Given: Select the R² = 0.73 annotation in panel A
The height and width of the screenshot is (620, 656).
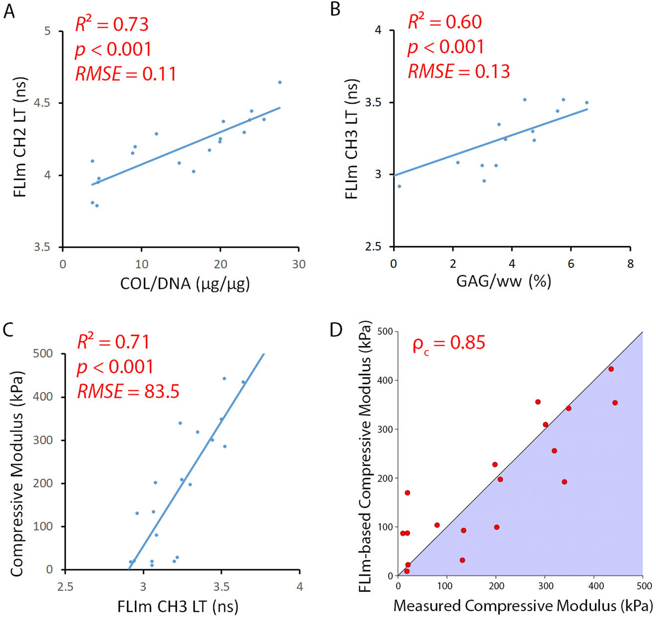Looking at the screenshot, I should coord(112,24).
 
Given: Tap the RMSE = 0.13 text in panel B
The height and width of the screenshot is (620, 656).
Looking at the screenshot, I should coord(459,71).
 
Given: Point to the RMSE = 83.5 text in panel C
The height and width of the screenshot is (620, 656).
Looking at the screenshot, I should coord(128,391).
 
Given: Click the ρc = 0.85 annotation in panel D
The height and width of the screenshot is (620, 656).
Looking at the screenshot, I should coord(449,343).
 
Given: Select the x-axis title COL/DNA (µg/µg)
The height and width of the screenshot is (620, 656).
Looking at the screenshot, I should coord(185,284).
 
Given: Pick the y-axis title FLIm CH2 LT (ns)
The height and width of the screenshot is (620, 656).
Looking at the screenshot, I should coord(21,137).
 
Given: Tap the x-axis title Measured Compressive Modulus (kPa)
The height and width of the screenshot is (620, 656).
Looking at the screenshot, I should coord(523,606).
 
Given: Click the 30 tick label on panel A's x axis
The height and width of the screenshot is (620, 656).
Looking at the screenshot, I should coord(298,264).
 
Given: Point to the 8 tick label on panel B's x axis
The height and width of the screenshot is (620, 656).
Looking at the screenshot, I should coord(630,263).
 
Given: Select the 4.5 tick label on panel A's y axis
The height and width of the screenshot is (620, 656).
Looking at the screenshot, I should coord(42,103).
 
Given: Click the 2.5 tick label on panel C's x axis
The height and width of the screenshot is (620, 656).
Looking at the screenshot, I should coord(65,586).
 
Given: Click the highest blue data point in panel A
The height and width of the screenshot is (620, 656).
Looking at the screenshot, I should coord(280,82).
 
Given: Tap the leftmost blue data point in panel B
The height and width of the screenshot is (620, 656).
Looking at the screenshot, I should coord(399,186).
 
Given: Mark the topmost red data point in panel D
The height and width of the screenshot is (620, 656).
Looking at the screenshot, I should coord(611,369).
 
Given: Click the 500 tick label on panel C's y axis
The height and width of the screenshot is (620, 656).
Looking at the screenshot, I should coord(43,354).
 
